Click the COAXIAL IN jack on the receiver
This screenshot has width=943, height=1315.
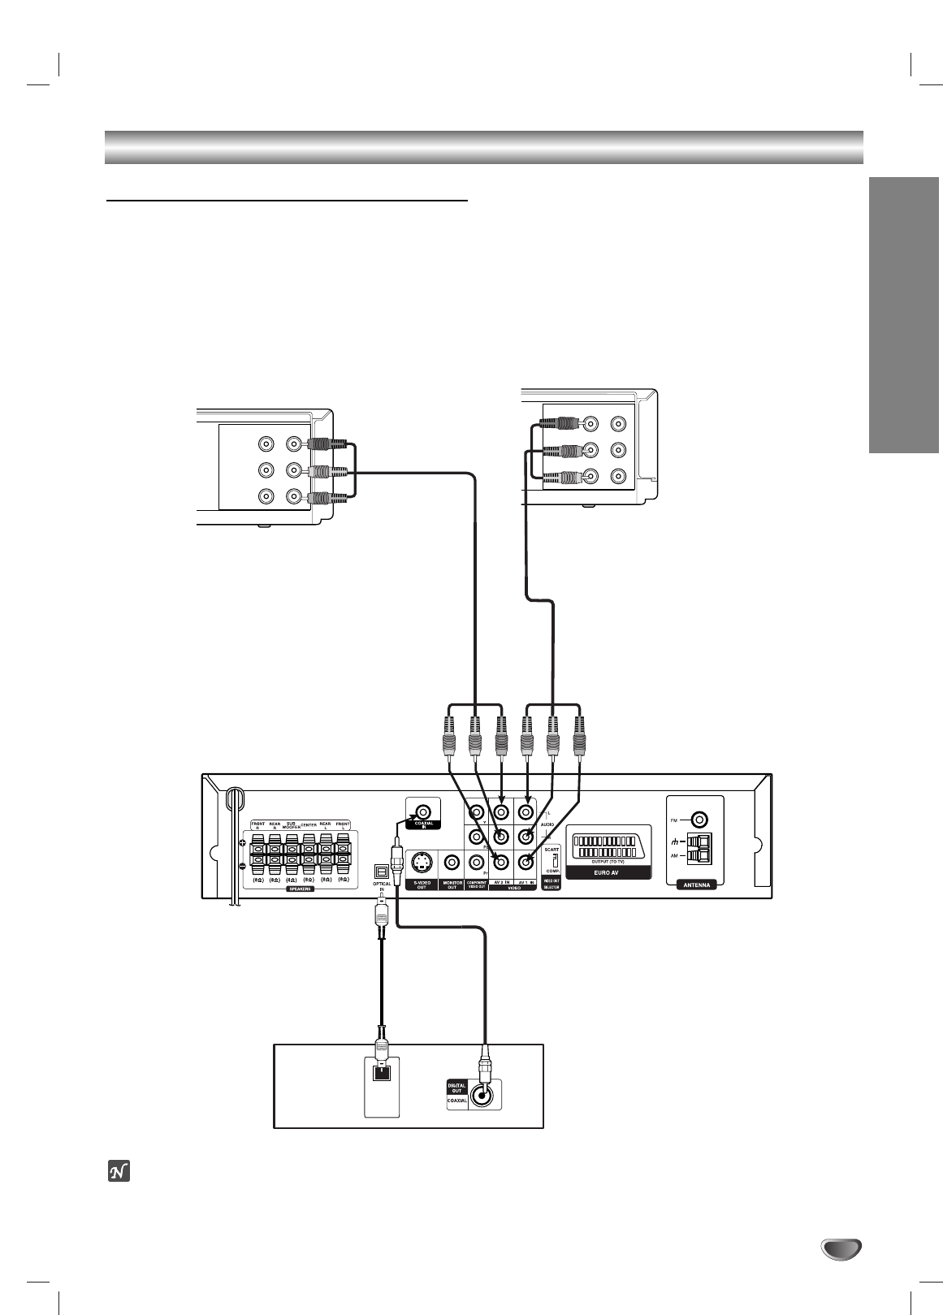[423, 812]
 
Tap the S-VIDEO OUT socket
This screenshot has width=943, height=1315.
[422, 863]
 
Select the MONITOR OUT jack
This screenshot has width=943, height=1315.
[452, 863]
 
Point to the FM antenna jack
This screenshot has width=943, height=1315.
[695, 820]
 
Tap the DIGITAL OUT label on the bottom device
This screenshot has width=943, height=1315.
[456, 1088]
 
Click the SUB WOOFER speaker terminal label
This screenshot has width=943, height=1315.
[292, 825]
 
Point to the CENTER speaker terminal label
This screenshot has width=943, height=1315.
[309, 825]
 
